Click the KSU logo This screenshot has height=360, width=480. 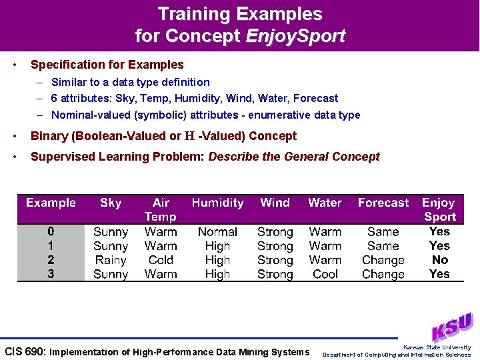(x=451, y=327)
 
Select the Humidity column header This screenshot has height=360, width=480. (x=217, y=203)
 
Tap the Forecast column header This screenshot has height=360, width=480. (x=383, y=203)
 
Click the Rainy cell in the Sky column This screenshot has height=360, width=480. (x=111, y=260)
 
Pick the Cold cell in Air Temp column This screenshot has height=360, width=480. (x=161, y=260)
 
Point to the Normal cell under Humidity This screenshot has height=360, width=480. (x=217, y=232)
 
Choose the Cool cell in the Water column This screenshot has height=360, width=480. (x=325, y=274)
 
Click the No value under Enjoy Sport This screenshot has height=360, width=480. (x=440, y=260)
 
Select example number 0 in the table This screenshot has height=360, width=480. (x=51, y=232)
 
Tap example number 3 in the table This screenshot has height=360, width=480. (x=51, y=274)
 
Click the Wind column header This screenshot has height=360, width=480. (x=275, y=203)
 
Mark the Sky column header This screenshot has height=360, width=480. (x=111, y=203)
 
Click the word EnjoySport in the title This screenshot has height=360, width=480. (x=295, y=36)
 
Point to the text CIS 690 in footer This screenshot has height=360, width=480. (x=25, y=351)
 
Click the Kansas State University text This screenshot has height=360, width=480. (x=437, y=347)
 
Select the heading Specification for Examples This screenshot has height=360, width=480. (x=107, y=65)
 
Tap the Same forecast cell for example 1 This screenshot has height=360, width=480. (x=383, y=246)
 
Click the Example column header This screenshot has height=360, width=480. (x=51, y=203)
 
